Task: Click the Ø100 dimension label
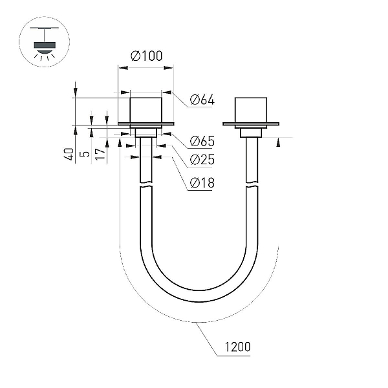147,56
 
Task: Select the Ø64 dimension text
202,100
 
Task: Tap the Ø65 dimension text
202,141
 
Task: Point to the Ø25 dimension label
202,160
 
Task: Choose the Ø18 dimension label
202,183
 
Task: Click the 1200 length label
237,347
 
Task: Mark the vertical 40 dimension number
69,154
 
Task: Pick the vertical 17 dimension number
100,154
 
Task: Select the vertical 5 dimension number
85,154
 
